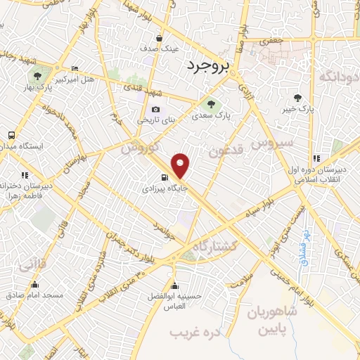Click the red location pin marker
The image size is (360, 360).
point(181,165)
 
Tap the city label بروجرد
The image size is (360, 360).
point(210,66)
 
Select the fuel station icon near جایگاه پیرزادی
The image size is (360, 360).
point(165,177)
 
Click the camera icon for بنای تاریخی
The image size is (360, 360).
point(155,110)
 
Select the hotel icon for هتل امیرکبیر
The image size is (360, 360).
point(75,68)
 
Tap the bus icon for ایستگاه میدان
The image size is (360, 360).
point(11,134)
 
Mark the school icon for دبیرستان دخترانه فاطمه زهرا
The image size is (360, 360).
point(25,175)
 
